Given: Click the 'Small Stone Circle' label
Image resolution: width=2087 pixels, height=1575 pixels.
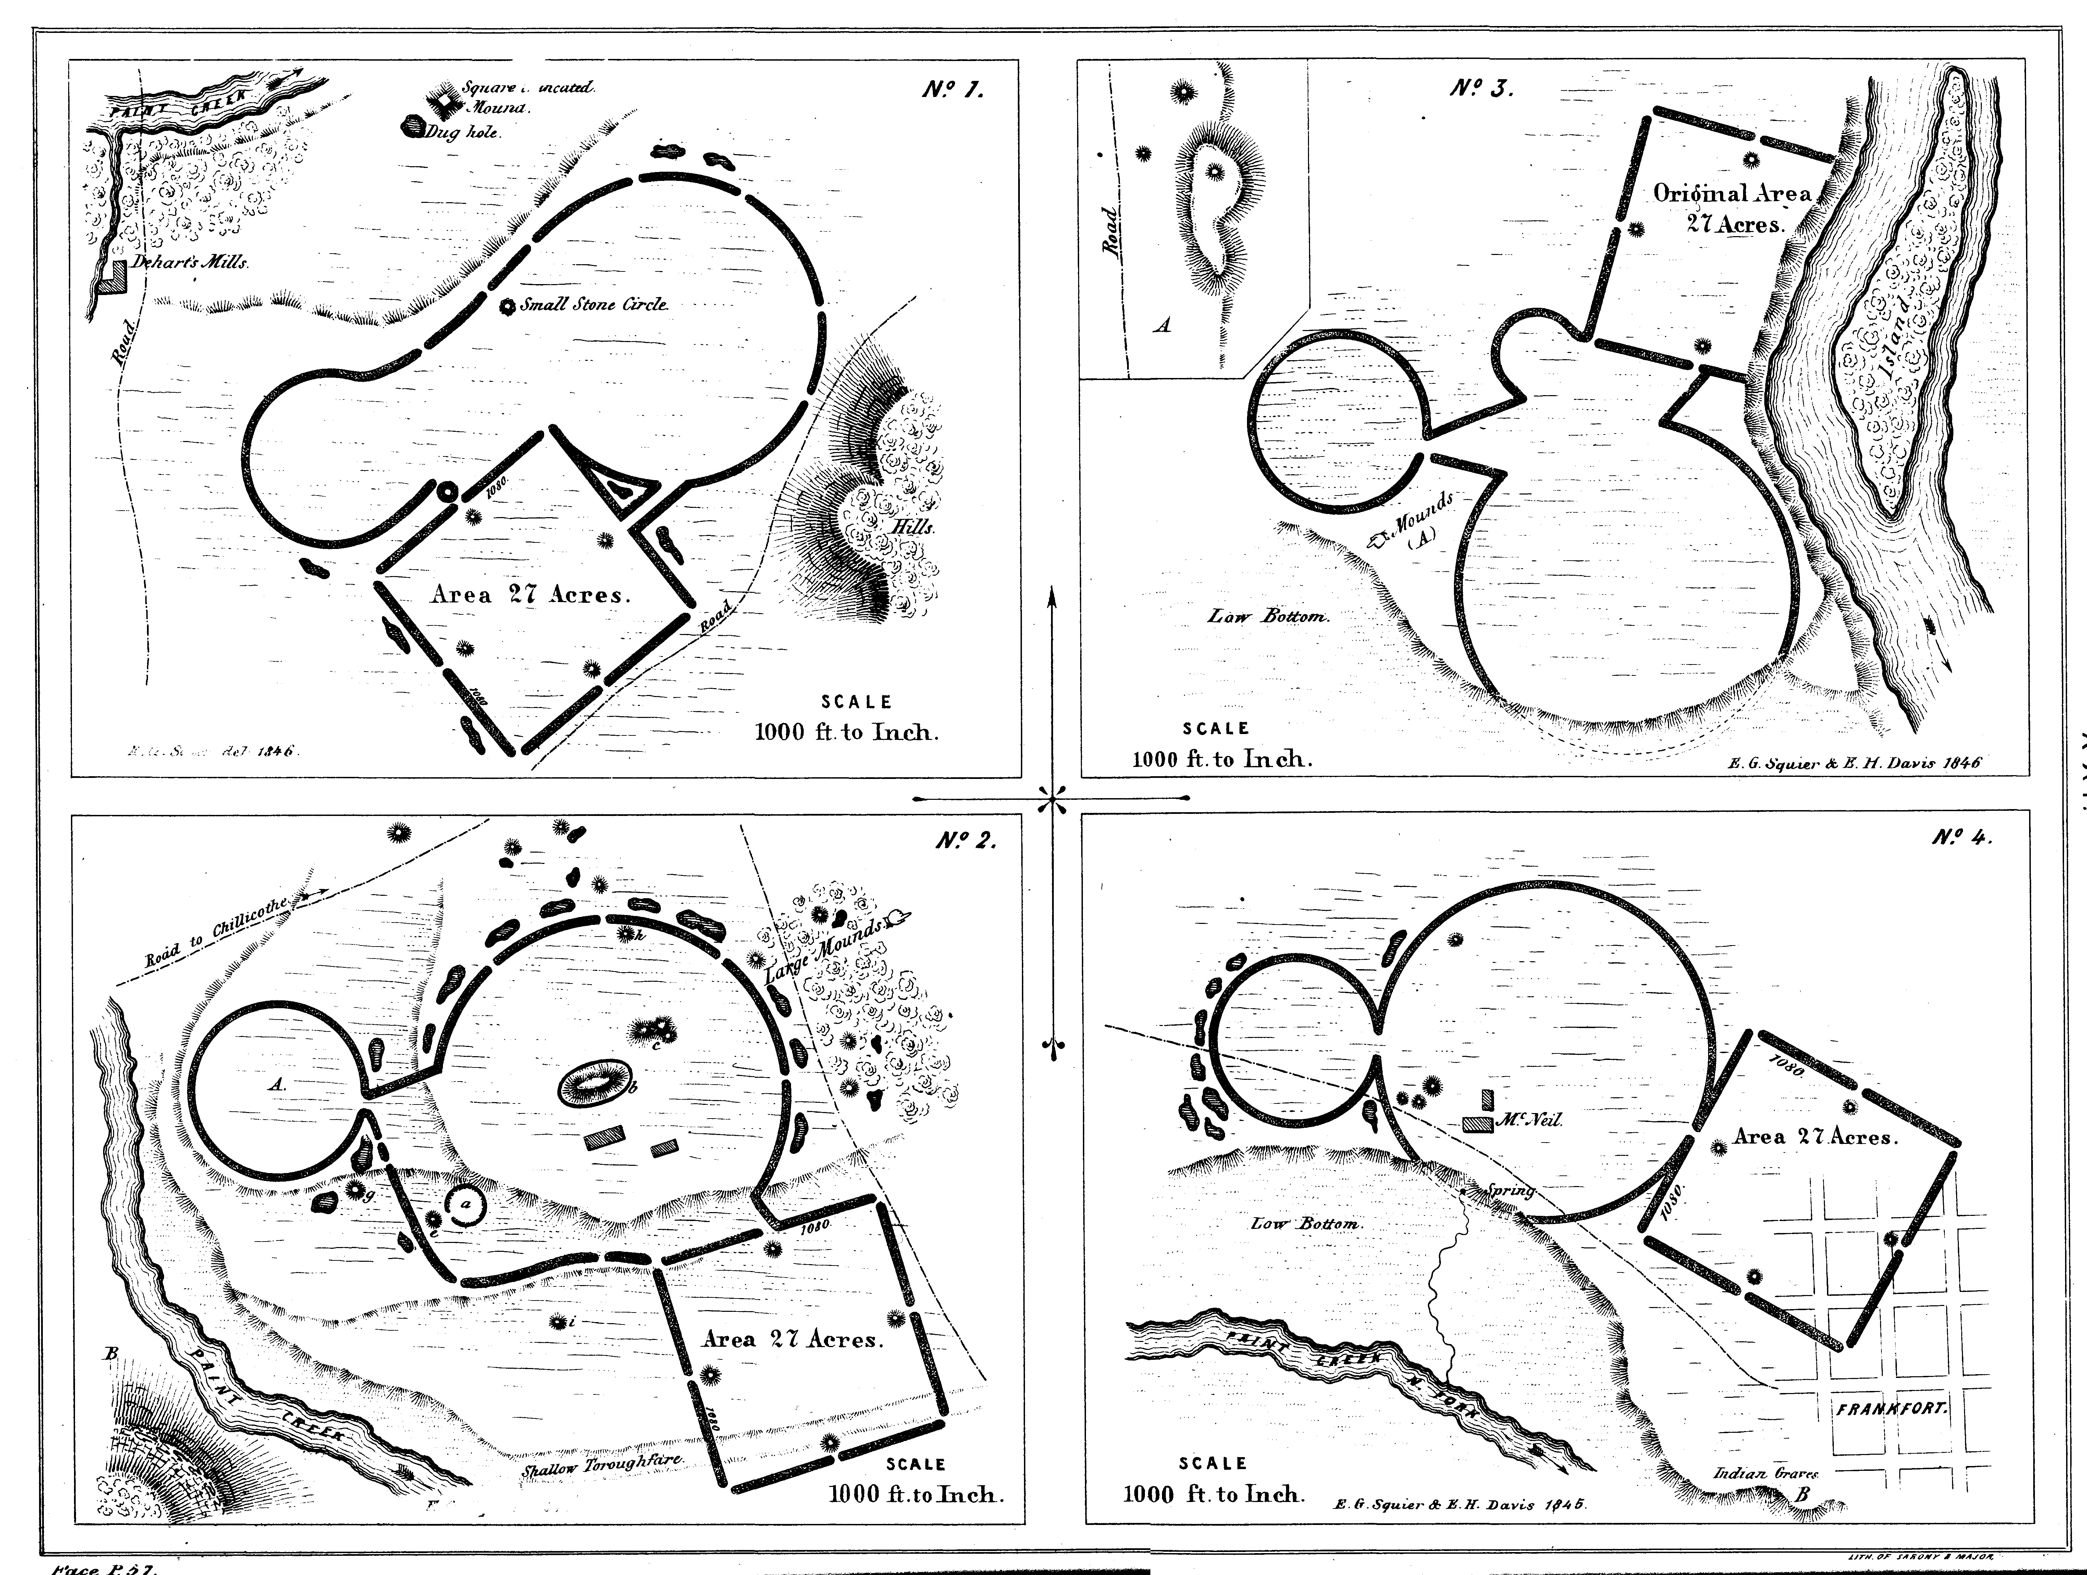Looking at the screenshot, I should (x=594, y=305).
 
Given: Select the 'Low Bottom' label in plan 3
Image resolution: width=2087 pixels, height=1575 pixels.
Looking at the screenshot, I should (x=1269, y=617).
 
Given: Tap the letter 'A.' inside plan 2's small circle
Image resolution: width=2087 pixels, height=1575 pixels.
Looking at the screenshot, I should (x=276, y=1085).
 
